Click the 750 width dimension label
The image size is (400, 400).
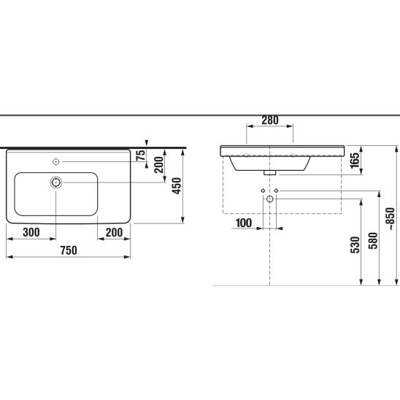pyautogui.click(x=69, y=250)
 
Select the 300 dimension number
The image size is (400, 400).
pyautogui.click(x=31, y=232)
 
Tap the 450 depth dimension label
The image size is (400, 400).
pyautogui.click(x=177, y=186)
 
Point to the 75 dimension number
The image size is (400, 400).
pyautogui.click(x=141, y=155)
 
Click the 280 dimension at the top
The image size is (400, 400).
pyautogui.click(x=270, y=120)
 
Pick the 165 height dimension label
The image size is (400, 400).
pyautogui.click(x=355, y=161)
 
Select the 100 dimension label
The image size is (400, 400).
pyautogui.click(x=244, y=223)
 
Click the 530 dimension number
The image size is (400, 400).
pyautogui.click(x=355, y=245)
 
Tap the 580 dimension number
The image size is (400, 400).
pyautogui.click(x=373, y=241)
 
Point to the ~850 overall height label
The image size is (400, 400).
pyautogui.click(x=390, y=220)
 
